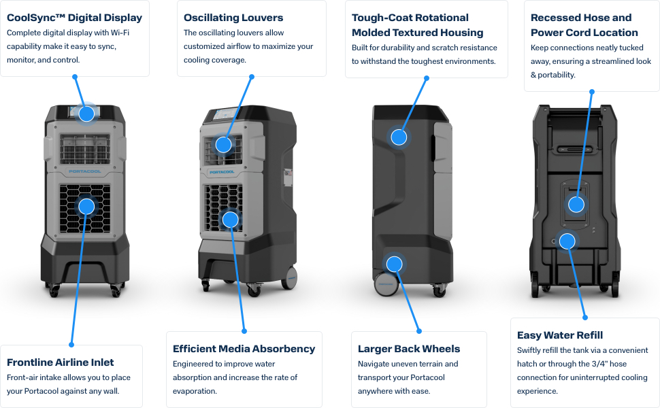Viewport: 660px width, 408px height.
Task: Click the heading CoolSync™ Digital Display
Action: (74, 18)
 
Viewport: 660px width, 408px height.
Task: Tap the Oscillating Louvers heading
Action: (233, 18)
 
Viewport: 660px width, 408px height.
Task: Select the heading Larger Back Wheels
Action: (409, 349)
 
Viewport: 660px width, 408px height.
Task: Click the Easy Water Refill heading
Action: (560, 335)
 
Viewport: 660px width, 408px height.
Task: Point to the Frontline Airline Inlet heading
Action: (61, 362)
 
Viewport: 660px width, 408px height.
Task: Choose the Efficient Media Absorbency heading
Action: (244, 349)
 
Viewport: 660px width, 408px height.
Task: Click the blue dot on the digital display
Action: (86, 114)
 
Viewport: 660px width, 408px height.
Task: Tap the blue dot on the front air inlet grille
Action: (86, 205)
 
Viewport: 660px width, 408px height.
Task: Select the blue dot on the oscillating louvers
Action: (224, 144)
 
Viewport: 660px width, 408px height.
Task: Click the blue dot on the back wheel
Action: (394, 264)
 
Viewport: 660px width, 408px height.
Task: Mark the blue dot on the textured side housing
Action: (399, 137)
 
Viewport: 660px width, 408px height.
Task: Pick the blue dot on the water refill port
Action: (567, 241)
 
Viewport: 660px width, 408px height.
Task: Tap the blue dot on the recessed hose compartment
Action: (576, 204)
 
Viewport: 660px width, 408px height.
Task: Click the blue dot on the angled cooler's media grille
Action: (231, 220)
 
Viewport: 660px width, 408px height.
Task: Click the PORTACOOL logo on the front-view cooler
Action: (85, 171)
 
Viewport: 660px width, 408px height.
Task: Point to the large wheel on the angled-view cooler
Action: (291, 277)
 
